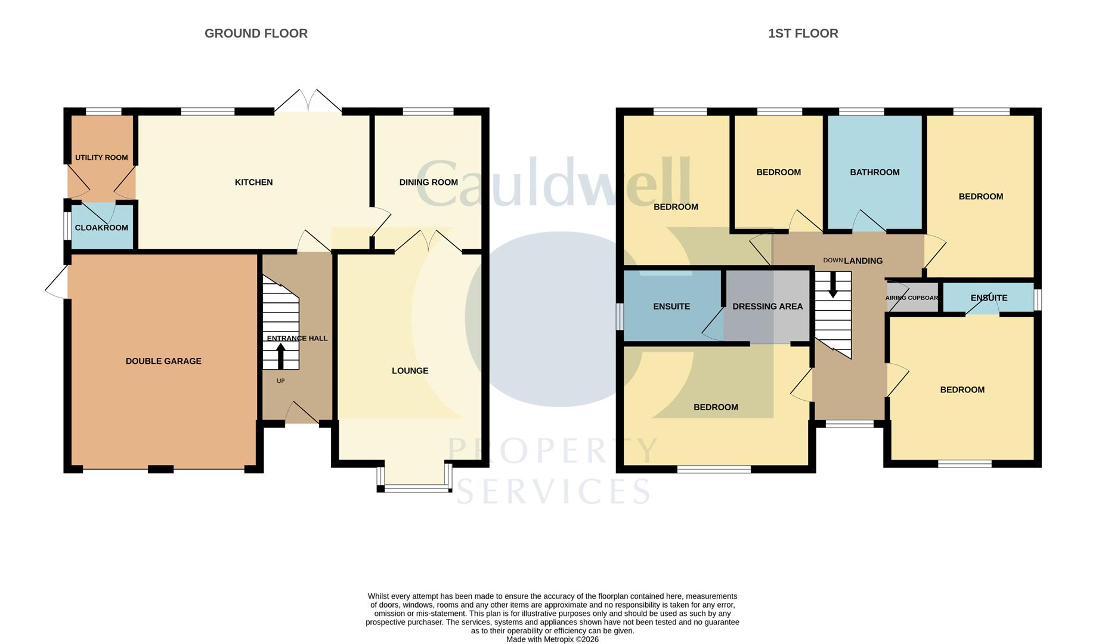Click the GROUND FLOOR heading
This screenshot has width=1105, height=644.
[x=256, y=33]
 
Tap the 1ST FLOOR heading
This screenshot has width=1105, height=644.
[x=803, y=33]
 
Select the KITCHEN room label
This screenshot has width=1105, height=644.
[x=253, y=182]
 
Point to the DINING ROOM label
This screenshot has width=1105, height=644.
[x=428, y=182]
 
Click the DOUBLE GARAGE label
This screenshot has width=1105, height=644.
[x=163, y=361]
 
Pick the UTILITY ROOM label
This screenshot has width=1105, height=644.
[x=101, y=158]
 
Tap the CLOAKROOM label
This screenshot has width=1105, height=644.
[x=101, y=228]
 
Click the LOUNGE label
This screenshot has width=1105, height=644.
[x=410, y=371]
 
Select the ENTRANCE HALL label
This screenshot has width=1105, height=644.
[x=297, y=339]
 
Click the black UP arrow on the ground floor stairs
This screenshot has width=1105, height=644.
[x=281, y=356]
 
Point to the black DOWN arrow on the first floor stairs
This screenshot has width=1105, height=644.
[x=833, y=285]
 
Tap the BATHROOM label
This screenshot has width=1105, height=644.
[x=874, y=172]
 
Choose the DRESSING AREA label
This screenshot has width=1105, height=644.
[x=767, y=306]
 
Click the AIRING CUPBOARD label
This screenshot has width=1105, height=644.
[x=912, y=298]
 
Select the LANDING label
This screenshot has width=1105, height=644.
[x=863, y=261]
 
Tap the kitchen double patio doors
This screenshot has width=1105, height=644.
[x=308, y=101]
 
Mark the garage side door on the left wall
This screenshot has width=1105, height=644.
[x=57, y=281]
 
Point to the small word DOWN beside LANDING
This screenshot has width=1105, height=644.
[x=832, y=261]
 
